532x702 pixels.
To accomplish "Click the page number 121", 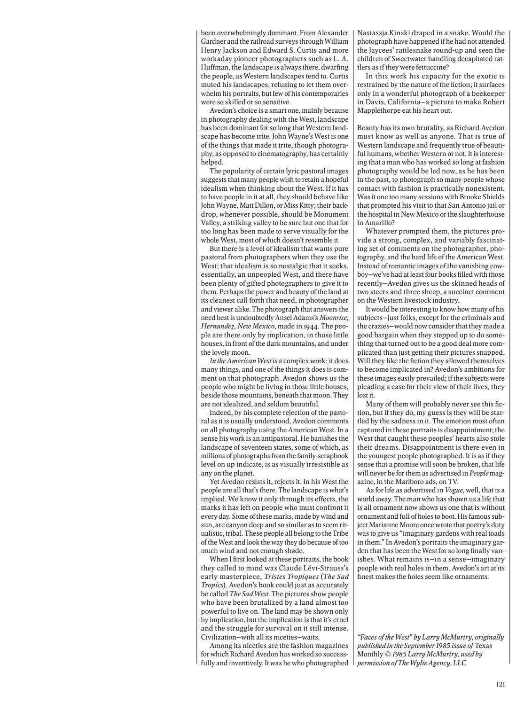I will click(500, 684).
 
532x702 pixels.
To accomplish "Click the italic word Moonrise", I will click(333, 318).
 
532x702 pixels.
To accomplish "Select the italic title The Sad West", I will click(249, 593).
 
